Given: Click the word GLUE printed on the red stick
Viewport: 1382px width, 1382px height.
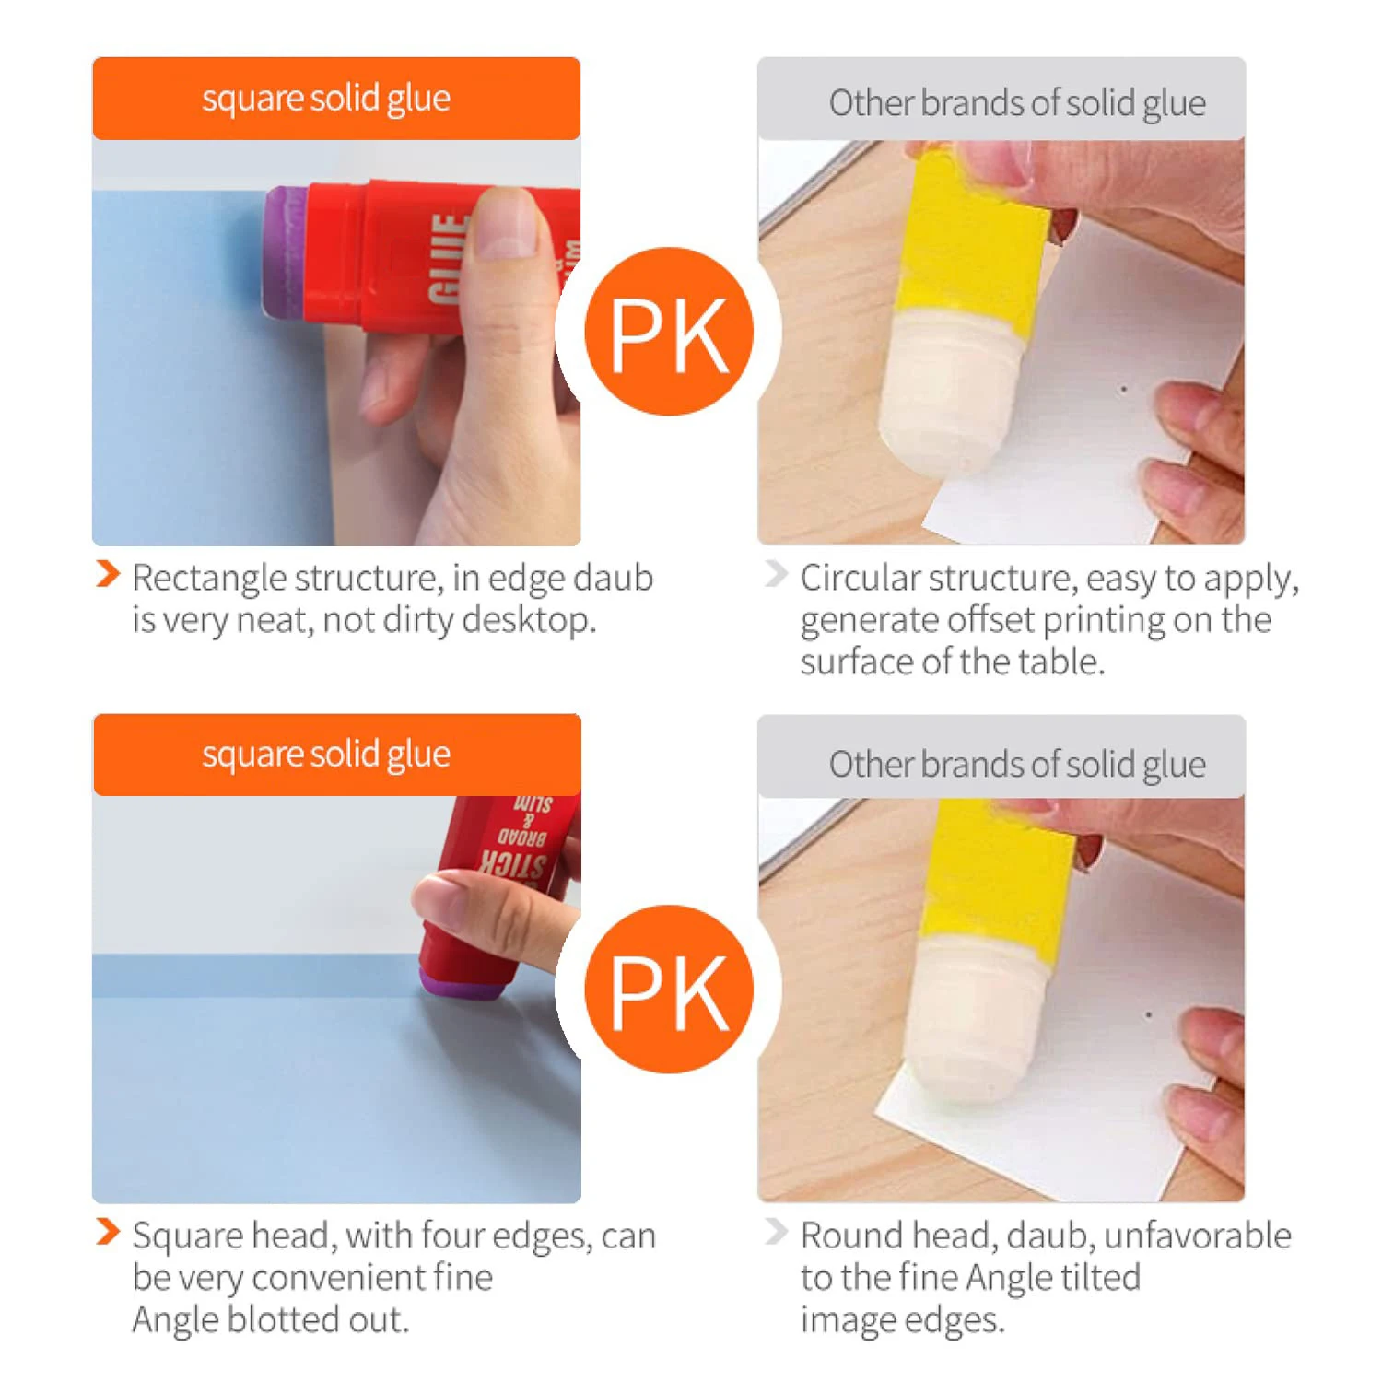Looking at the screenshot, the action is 448,259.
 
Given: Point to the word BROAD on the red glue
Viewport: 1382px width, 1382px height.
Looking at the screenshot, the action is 522,837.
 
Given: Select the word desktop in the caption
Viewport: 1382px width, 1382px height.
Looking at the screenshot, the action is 528,621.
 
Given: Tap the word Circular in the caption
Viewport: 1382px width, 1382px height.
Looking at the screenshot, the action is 860,579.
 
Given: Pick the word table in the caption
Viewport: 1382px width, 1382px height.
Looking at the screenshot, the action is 1060,662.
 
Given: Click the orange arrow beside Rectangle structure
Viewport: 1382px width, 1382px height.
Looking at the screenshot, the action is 108,574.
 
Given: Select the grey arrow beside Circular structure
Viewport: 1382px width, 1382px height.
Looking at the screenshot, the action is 776,574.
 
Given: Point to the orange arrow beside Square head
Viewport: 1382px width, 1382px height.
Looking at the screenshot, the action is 108,1232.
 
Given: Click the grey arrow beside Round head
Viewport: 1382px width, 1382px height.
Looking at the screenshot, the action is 776,1232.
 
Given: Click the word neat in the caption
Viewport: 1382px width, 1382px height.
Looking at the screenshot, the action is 273,621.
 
